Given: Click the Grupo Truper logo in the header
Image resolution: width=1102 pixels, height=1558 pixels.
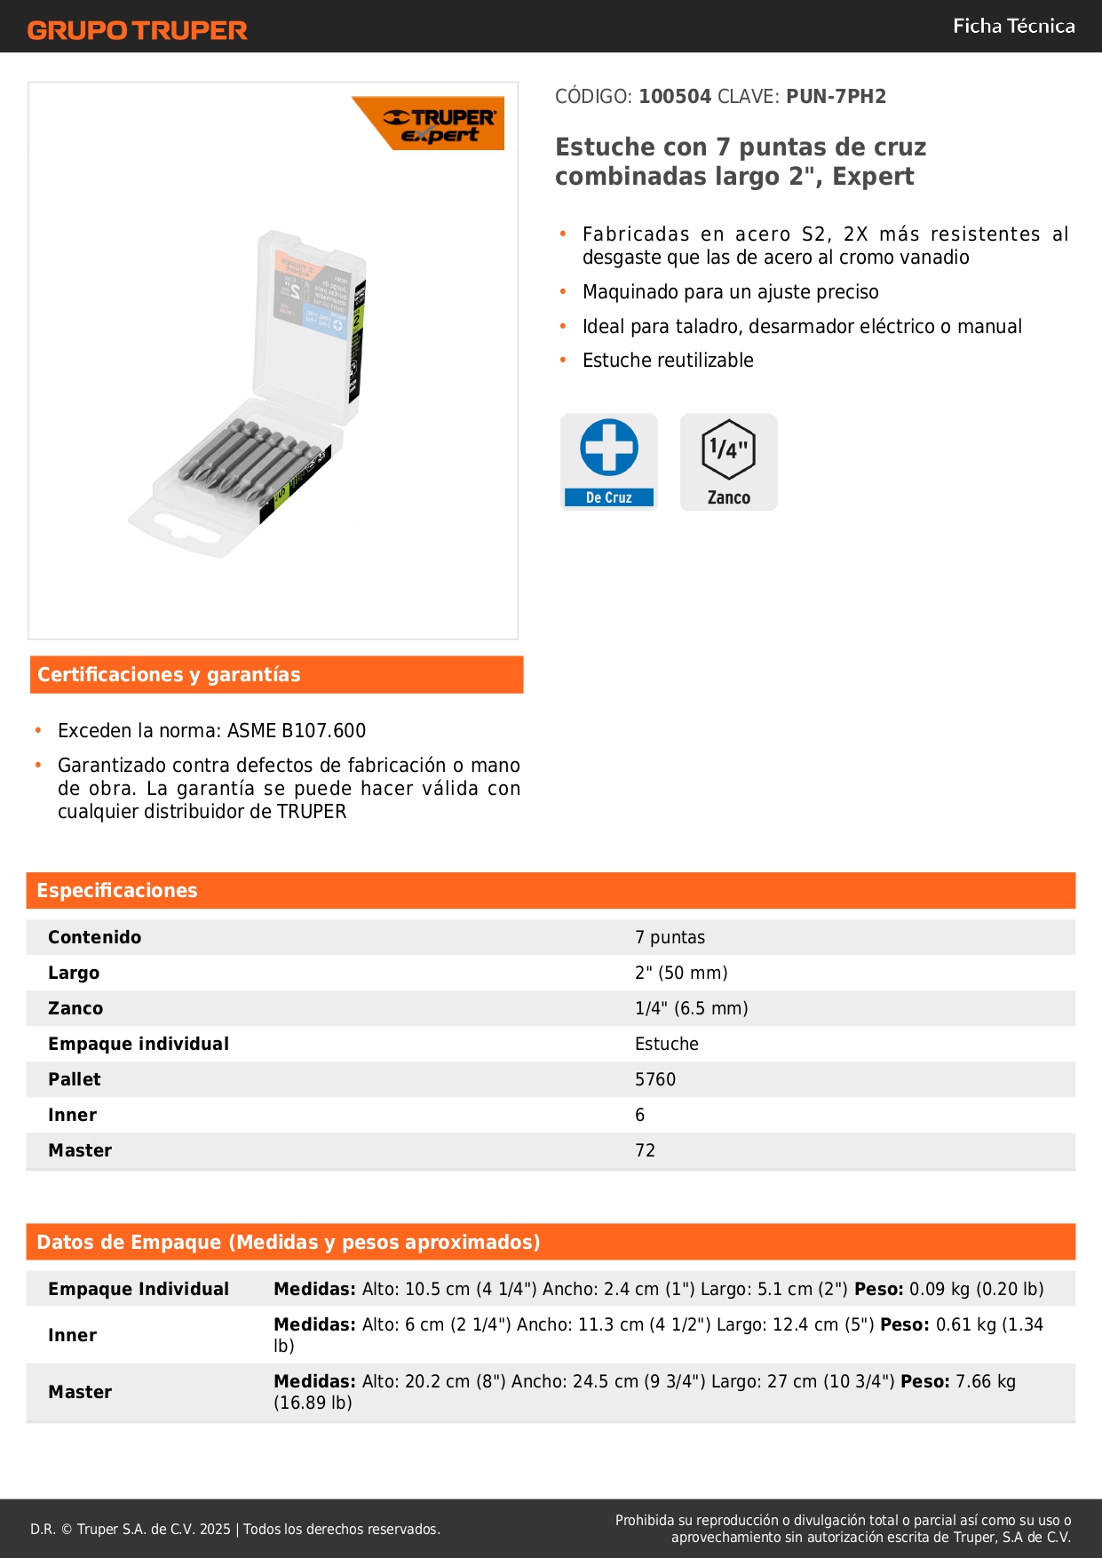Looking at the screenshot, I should (x=137, y=30).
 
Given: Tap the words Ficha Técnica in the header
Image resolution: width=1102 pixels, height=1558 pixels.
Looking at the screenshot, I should (x=1013, y=26).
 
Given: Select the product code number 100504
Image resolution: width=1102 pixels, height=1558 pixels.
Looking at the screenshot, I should (x=675, y=97).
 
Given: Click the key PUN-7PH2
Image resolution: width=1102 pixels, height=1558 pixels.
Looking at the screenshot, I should (x=836, y=97).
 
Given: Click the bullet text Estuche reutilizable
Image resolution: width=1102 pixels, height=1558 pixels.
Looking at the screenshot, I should (x=668, y=361).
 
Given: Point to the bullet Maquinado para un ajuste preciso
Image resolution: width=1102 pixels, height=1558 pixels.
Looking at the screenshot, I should (x=730, y=292).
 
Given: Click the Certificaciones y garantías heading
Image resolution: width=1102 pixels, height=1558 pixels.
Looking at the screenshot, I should (x=169, y=675).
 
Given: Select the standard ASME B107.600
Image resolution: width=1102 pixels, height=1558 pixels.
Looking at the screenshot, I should (x=297, y=731).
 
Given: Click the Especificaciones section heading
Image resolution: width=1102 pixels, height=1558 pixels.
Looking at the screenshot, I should (x=117, y=891).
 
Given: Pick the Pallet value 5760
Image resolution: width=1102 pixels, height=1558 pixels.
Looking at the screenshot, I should (x=655, y=1079).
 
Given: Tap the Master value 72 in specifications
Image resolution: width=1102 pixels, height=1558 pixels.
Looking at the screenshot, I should (x=646, y=1150).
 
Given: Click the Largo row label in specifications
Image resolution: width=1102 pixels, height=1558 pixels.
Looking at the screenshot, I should (x=74, y=973).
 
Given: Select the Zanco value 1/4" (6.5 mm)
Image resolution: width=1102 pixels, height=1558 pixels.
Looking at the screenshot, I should (x=691, y=1008).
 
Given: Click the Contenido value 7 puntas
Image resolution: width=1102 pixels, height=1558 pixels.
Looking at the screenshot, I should (x=670, y=937).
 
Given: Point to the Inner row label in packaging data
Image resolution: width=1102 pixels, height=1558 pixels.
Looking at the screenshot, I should (x=73, y=1335).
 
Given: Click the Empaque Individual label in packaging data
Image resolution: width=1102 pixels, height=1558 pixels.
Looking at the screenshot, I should (x=139, y=1289).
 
